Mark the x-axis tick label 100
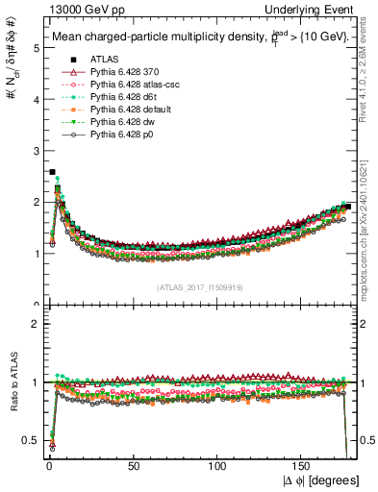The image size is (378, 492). (x=217, y=466)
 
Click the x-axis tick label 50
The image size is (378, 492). (x=133, y=466)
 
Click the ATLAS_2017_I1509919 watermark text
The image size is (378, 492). (x=199, y=287)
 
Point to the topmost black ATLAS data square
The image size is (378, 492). (x=52, y=172)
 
